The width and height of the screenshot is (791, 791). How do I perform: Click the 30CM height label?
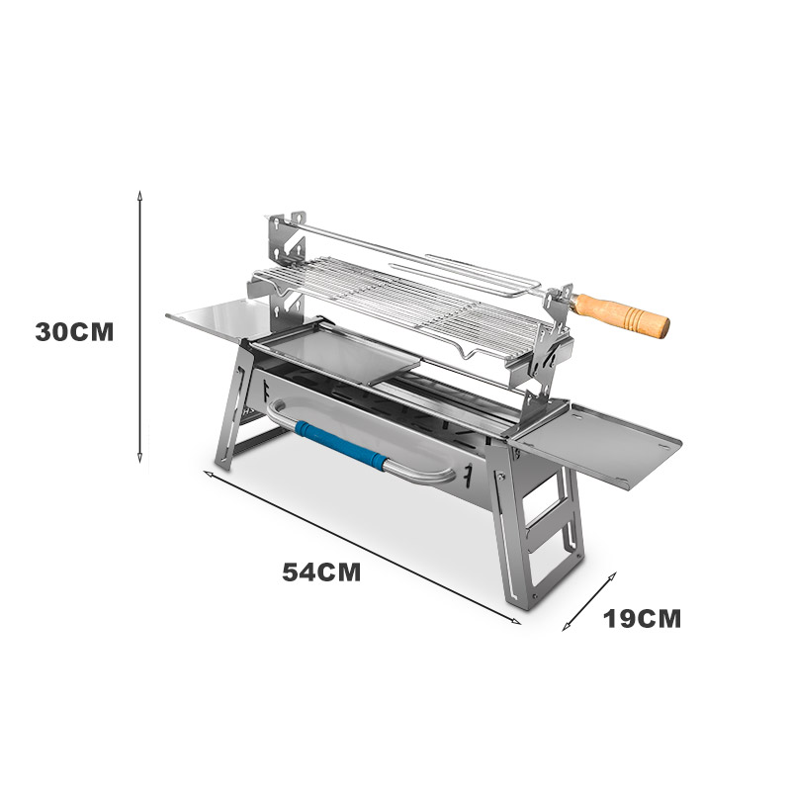(x=75, y=332)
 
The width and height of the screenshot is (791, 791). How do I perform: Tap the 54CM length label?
(x=321, y=572)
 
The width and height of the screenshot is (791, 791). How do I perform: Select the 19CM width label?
(x=642, y=619)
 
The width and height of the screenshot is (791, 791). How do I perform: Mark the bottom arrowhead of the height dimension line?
(x=140, y=458)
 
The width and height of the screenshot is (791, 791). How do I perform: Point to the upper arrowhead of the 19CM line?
(x=612, y=576)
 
